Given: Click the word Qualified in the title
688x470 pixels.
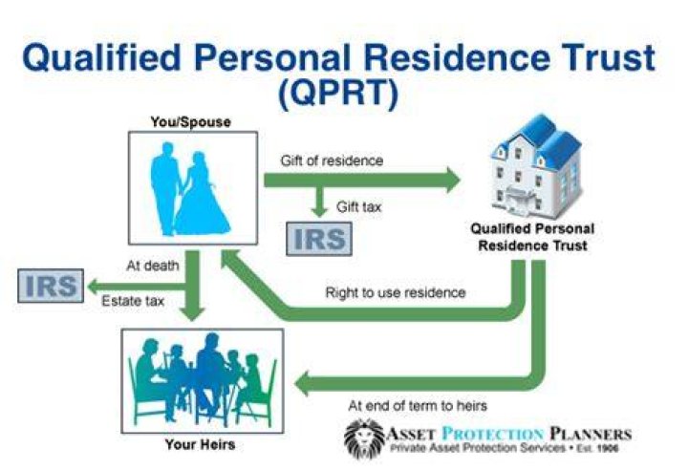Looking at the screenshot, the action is coord(102,58).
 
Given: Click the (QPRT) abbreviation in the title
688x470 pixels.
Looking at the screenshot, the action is coord(338,94).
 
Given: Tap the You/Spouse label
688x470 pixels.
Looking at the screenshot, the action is coord(191,122).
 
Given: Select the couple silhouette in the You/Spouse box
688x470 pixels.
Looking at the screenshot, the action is coord(189,189).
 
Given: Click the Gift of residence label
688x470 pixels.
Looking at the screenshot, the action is coord(332,160).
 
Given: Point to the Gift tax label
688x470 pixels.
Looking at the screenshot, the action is coord(359,206).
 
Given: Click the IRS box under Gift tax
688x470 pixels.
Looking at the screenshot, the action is coord(319,239).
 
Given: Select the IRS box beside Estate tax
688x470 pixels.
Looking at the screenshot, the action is coord(51,286).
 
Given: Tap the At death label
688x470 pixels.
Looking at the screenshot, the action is coord(153,266).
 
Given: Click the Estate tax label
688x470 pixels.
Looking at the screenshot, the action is coord(133,301).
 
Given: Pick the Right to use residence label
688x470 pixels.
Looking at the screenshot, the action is coord(396,292).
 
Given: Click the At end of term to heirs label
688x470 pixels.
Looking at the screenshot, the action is coord(418,405).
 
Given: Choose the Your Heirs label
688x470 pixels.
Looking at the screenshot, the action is coord(200,444).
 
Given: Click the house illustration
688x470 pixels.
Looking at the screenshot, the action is coord(537,167).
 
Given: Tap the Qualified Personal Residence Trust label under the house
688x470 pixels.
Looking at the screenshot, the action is coord(532,237).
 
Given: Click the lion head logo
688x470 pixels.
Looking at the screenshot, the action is coord(365,438).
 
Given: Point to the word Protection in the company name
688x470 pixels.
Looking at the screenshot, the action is coord(493,434).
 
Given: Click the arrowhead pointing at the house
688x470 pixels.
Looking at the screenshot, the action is coord(454,180).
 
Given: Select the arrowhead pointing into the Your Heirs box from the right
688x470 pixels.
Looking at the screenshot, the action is coord(302,384).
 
